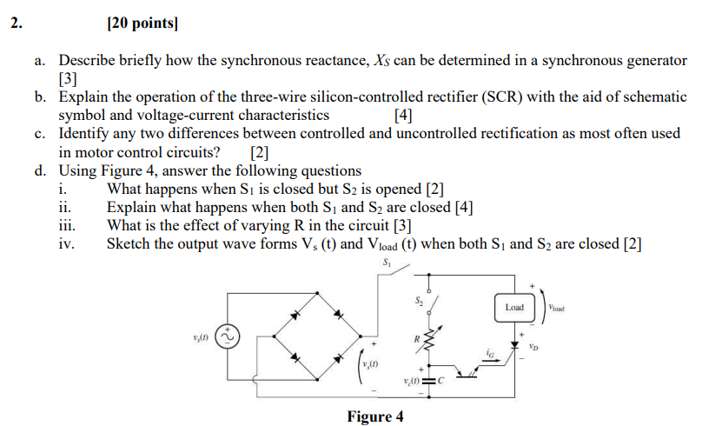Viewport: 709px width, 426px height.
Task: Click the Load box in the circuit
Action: [x=514, y=307]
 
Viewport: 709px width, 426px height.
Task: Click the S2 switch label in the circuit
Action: [x=418, y=301]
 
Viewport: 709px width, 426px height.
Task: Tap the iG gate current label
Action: [x=491, y=354]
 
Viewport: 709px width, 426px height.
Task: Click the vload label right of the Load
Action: [x=558, y=308]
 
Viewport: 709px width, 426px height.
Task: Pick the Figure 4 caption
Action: [x=374, y=416]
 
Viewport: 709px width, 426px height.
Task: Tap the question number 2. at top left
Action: [x=18, y=24]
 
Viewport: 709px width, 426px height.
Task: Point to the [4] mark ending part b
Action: [x=402, y=116]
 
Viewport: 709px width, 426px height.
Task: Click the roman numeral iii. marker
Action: [x=66, y=225]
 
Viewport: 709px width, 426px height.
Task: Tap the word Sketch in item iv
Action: [x=128, y=243]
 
